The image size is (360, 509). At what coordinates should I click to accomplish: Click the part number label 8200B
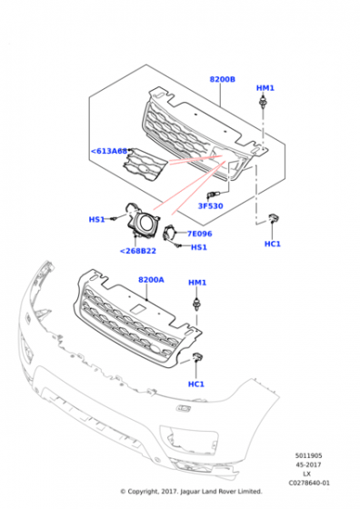[x=223, y=80]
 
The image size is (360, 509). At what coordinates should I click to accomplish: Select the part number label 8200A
[x=151, y=281]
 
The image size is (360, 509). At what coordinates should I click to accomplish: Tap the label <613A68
[x=109, y=152]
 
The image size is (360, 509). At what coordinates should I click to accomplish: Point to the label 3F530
[x=212, y=206]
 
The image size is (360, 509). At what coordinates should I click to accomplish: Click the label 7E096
[x=199, y=234]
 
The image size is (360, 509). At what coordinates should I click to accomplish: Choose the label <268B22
[x=138, y=251]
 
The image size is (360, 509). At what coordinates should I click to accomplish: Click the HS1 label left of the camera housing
[x=95, y=220]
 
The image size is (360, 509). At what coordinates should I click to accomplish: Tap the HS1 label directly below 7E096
[x=199, y=246]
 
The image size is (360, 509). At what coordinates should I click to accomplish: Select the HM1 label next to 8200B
[x=265, y=88]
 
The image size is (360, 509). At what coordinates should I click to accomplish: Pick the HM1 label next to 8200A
[x=197, y=283]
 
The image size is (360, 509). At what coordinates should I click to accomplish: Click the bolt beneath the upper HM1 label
[x=265, y=107]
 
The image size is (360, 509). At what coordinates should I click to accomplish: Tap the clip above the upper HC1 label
[x=272, y=218]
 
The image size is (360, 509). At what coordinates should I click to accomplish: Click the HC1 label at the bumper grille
[x=196, y=384]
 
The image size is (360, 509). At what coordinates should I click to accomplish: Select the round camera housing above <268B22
[x=143, y=221]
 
